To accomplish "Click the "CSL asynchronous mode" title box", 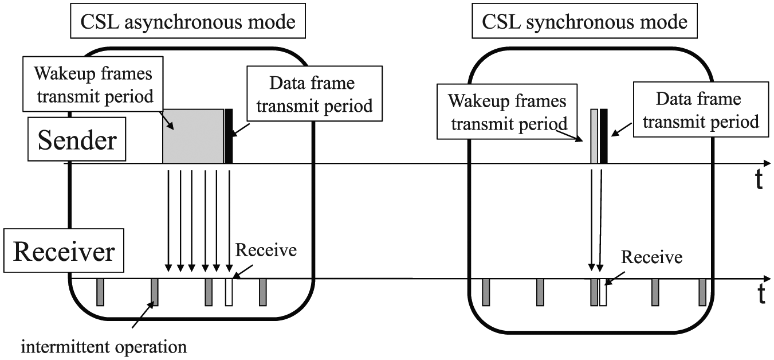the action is tap(187, 21).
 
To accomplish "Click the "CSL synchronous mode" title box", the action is tap(584, 21).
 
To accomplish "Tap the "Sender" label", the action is tap(77, 139).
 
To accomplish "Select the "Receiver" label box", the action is tap(64, 251).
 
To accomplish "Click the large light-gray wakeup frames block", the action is tap(193, 136).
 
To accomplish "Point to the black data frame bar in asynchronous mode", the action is tap(229, 136).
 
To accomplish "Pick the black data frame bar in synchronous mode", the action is tap(603, 136).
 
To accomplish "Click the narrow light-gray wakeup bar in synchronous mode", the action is tap(594, 136).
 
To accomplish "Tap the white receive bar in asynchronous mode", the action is tap(229, 292).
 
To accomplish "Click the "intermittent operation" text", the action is tap(104, 346).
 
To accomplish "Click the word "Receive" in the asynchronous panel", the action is tap(266, 250).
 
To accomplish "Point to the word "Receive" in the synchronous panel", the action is tap(651, 257).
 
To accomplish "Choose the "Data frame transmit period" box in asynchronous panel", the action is tap(315, 93).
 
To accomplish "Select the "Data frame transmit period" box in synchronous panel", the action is tap(701, 109).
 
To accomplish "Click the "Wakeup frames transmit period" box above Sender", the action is tap(93, 84).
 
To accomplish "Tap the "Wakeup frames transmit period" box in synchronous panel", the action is tap(507, 111).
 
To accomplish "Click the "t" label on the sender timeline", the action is tap(759, 179).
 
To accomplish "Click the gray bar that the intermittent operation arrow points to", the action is tap(155, 292).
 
